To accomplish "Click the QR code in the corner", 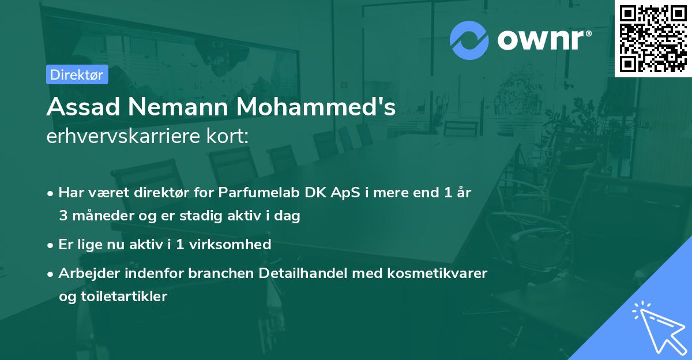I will tap(653, 38).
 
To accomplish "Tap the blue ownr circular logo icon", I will tap(469, 40).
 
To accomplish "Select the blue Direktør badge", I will tap(77, 75).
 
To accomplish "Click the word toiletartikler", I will tap(113, 297).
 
